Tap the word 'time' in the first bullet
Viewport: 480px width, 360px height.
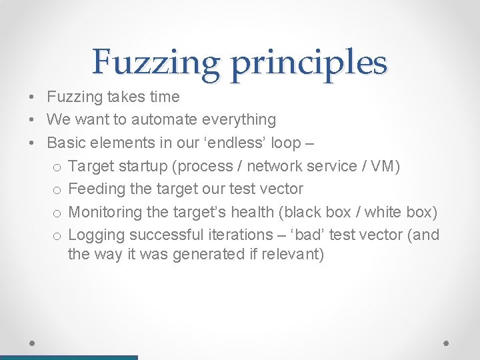coord(164,97)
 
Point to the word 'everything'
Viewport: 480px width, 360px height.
coord(238,120)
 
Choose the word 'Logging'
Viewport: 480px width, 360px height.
coord(96,235)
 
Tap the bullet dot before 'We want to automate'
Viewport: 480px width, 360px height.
coord(32,120)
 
